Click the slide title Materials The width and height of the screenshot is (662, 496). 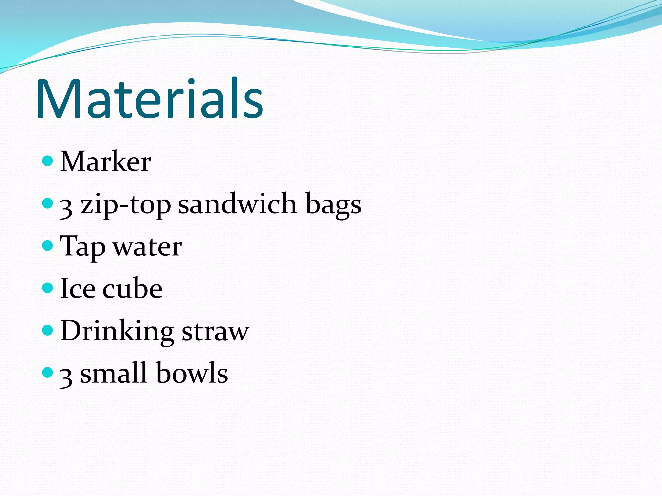pyautogui.click(x=150, y=98)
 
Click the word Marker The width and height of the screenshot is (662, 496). pyautogui.click(x=106, y=161)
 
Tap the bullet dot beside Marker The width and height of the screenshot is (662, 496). pyautogui.click(x=48, y=160)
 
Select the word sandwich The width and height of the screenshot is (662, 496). pyautogui.click(x=237, y=204)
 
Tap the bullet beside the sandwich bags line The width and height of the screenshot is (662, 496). pyautogui.click(x=48, y=203)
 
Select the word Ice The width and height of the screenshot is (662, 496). pyautogui.click(x=78, y=288)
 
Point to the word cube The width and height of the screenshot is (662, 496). pyautogui.click(x=132, y=288)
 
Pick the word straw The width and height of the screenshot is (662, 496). pyautogui.click(x=215, y=331)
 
